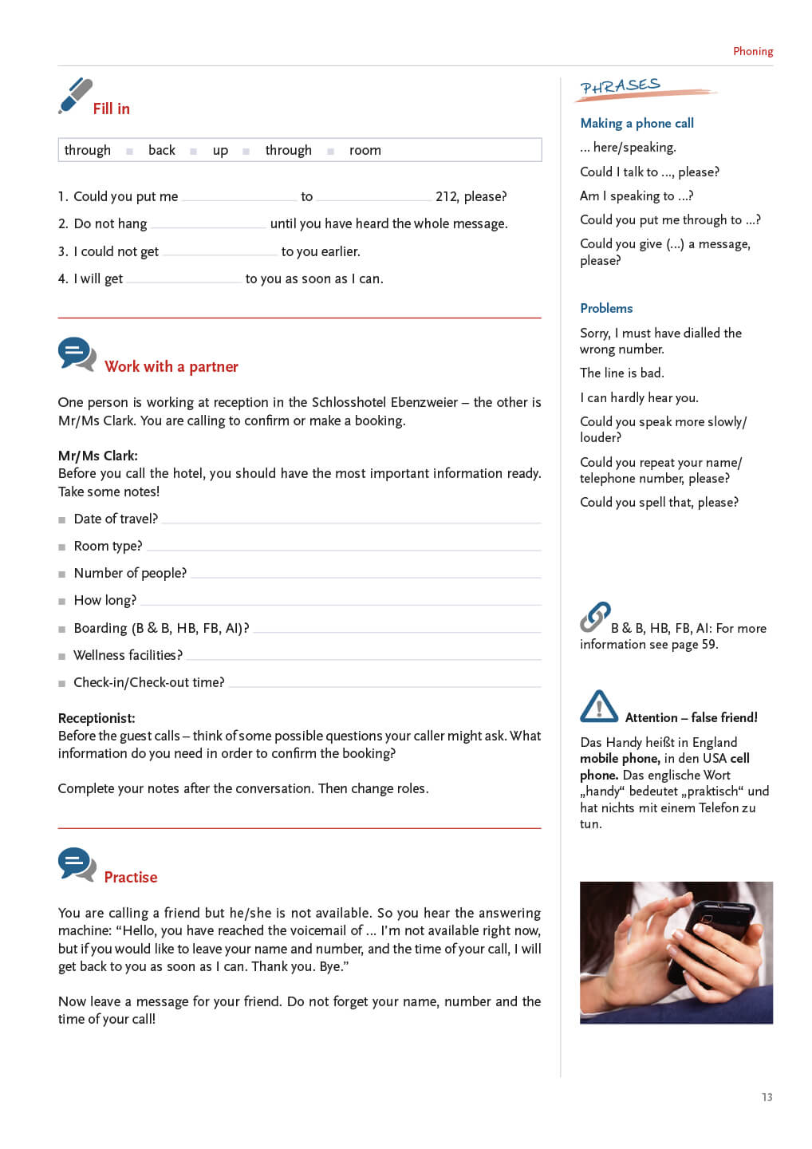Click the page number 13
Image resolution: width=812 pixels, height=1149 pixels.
767,1097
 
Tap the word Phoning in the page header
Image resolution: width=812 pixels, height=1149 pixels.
753,51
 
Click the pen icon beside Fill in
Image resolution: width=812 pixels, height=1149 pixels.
75,96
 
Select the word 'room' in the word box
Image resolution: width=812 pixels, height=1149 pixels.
365,150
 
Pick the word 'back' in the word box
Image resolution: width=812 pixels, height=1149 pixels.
162,150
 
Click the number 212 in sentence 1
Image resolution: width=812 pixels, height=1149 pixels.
446,196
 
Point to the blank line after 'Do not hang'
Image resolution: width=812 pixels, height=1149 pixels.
208,227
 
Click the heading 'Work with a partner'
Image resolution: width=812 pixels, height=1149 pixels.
171,366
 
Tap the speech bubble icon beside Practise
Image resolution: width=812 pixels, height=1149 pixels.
77,864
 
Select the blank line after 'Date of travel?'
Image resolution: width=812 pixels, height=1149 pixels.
351,522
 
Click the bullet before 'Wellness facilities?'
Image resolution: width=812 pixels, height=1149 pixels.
62,657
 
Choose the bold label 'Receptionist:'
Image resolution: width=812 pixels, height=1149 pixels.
97,718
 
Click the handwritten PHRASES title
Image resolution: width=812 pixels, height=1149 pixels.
621,86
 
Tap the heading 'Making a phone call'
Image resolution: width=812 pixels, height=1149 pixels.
637,123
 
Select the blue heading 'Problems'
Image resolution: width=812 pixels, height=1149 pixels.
606,308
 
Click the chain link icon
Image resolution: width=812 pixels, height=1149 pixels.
595,617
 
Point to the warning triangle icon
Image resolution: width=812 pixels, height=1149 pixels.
599,707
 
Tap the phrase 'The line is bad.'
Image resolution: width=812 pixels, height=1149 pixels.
622,373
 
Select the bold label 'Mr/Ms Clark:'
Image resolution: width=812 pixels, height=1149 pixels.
98,456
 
